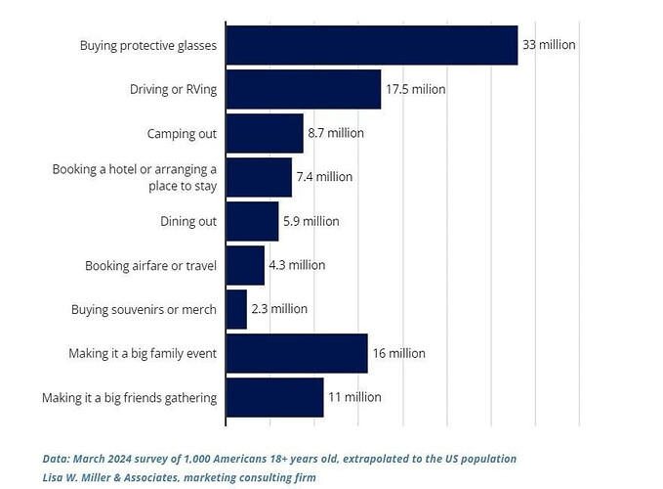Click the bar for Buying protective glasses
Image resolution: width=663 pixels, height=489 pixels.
coord(371,45)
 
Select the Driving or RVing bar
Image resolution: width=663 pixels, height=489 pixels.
coord(303,89)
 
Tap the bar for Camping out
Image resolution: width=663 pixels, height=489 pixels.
coord(264,133)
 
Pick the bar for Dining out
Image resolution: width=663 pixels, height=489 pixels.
coord(252,221)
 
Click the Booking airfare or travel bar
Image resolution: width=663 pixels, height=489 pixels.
coord(245,265)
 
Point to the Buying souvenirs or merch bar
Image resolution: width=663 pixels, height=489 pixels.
coord(236,309)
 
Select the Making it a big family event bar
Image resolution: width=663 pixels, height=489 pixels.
coord(296,353)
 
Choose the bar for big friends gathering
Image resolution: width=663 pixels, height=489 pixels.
coord(274,397)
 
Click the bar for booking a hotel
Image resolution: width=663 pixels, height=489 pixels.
coord(259,177)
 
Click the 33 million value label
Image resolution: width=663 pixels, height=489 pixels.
coord(550,45)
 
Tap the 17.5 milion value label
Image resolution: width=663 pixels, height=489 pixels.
coord(415,89)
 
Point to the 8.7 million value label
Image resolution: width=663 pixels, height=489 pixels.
coord(336,133)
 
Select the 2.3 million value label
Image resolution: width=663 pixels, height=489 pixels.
coord(279,309)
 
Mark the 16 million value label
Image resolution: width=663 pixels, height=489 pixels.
coord(399,353)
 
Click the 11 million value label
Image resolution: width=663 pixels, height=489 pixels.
coord(354,397)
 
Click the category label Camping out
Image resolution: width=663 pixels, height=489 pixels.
coord(182,133)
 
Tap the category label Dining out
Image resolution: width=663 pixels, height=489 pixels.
coord(188,221)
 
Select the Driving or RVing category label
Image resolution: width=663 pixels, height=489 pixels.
coord(173,89)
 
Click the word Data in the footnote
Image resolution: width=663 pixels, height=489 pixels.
coord(57,458)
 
